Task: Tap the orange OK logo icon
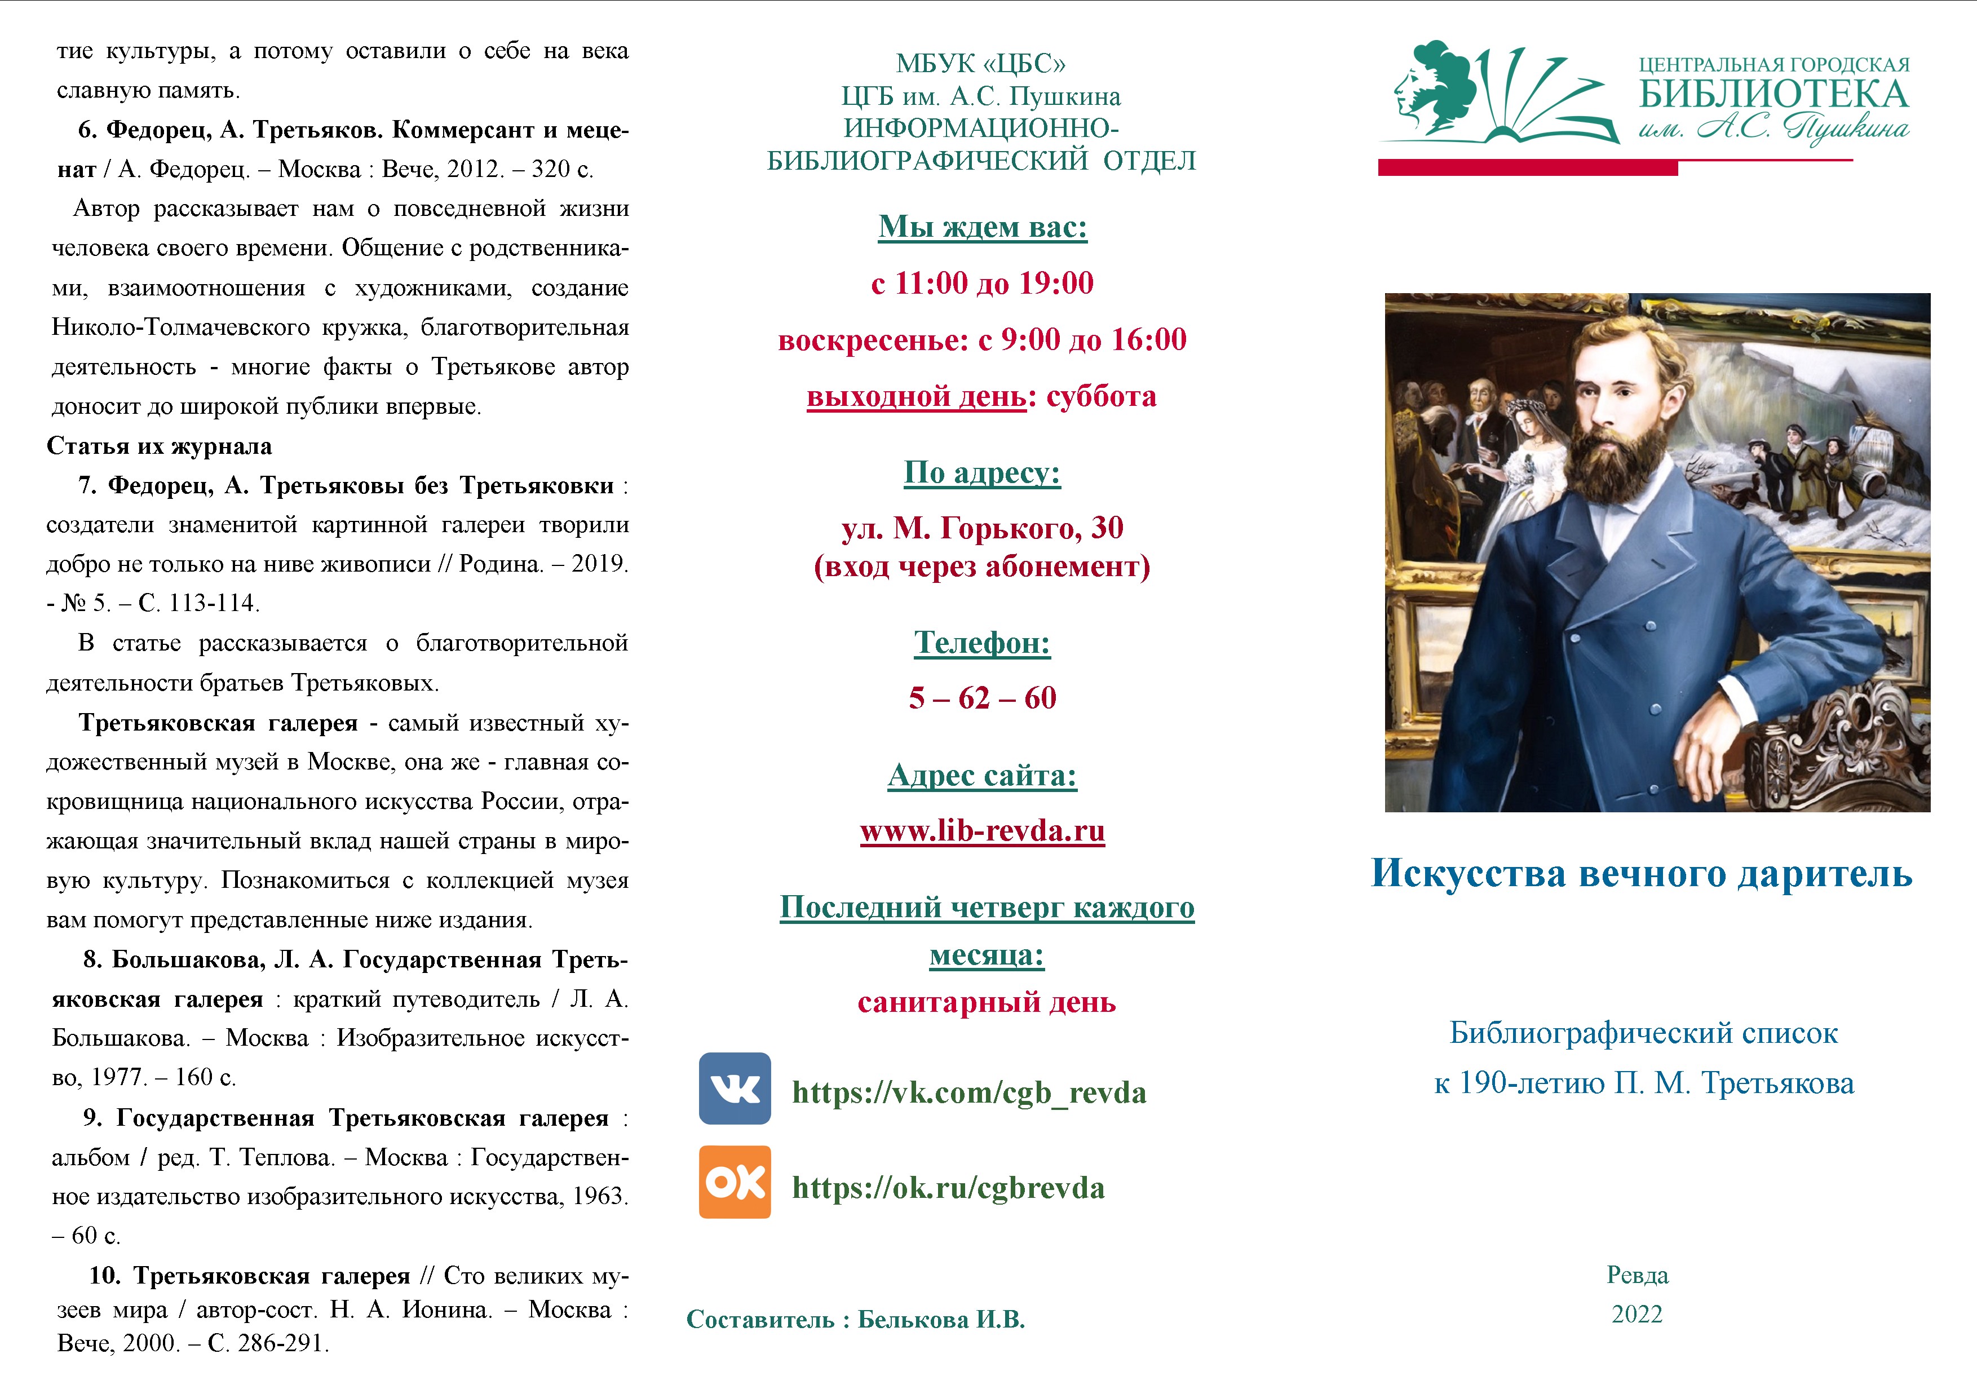[735, 1182]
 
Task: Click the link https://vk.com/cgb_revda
[968, 1092]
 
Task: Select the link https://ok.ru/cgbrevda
[948, 1187]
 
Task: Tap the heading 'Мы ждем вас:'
[983, 227]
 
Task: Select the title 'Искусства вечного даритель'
[1641, 873]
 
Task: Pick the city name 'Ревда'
[1637, 1275]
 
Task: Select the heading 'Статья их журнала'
[160, 446]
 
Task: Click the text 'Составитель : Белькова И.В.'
[855, 1320]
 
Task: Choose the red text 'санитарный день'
[986, 1002]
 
